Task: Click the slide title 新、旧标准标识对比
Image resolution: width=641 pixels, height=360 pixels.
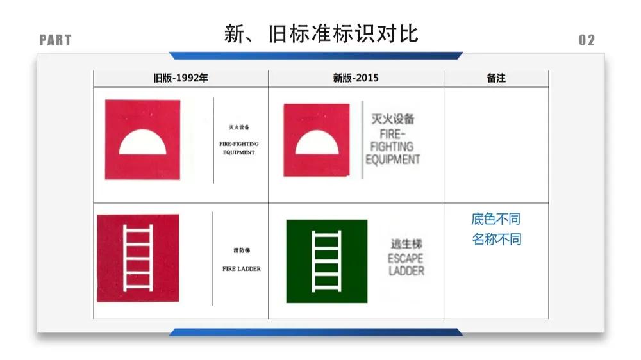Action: (x=321, y=33)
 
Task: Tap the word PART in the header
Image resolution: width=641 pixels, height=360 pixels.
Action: (x=55, y=40)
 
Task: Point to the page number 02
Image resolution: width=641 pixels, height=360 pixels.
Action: (x=587, y=40)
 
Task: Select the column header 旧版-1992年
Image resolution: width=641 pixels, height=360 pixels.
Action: (x=181, y=78)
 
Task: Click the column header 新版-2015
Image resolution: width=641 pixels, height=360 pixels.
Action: (x=356, y=78)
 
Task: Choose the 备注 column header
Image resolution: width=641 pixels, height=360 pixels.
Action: (x=496, y=78)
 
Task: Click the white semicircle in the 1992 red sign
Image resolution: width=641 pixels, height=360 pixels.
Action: (x=142, y=143)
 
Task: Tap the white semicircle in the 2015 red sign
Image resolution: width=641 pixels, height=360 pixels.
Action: (x=317, y=143)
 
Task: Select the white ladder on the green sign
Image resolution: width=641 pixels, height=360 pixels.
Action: (x=326, y=260)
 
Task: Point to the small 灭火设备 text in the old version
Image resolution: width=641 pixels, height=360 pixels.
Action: (x=238, y=127)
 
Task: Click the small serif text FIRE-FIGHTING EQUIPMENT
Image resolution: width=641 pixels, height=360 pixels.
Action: (x=238, y=149)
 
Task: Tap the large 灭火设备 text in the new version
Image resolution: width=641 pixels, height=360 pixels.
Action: (x=393, y=119)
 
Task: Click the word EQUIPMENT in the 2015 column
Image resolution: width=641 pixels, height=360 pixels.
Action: (x=393, y=160)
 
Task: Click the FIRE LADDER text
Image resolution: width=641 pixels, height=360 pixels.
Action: (x=242, y=269)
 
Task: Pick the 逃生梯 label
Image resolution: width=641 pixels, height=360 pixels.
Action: (x=406, y=244)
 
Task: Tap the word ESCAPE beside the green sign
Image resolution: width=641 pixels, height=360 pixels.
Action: (x=406, y=259)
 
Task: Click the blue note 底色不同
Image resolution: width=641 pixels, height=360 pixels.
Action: (x=495, y=219)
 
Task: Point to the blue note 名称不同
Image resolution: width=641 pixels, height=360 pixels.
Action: (x=497, y=240)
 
